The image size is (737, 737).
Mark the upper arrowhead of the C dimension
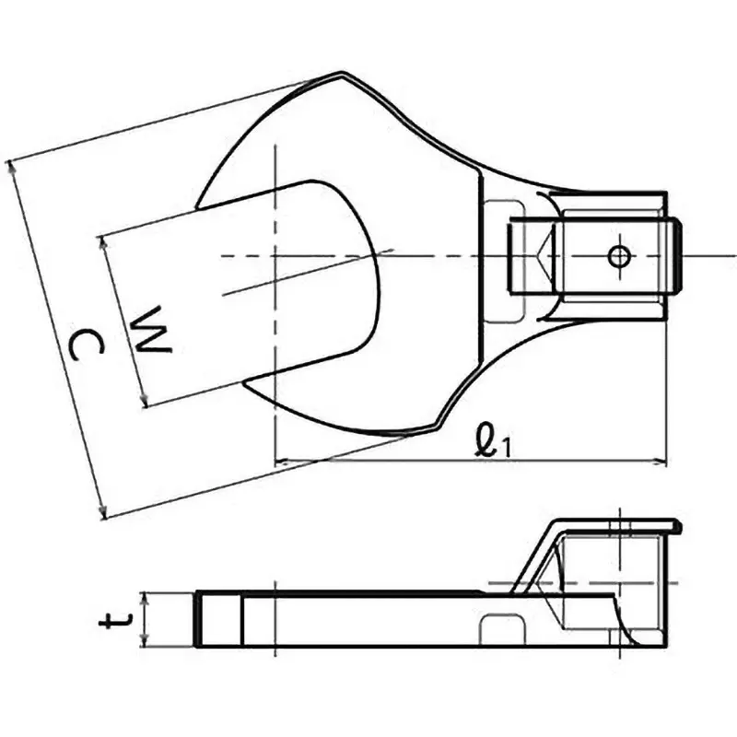coord(12,167)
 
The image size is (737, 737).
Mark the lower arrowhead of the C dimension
coord(104,513)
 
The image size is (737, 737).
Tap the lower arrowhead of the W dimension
coord(146,401)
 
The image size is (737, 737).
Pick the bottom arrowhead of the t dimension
coord(149,641)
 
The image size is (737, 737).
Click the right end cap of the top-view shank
coord(676,255)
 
